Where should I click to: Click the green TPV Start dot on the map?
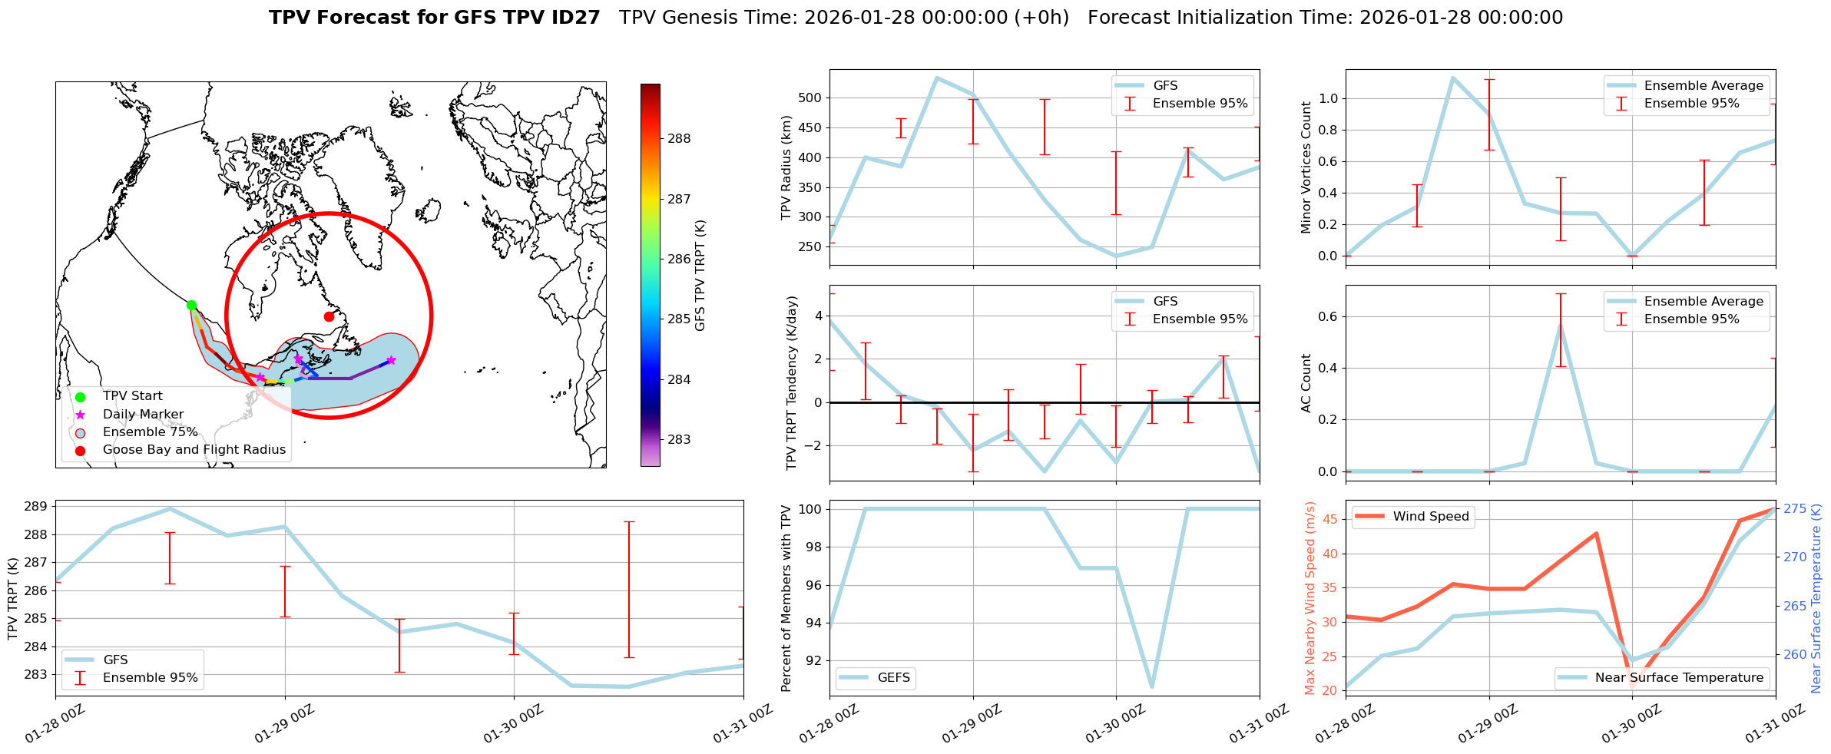191,305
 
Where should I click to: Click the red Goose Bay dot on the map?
329,316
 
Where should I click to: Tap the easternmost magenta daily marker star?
391,360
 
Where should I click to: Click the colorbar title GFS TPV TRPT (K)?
700,276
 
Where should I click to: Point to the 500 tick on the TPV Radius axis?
812,98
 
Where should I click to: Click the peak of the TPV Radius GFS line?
937,78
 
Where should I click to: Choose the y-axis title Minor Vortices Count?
1306,167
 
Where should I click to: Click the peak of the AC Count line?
1561,323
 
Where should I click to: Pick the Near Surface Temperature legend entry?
1678,678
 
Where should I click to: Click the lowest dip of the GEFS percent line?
1152,687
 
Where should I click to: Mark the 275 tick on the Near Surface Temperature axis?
1794,509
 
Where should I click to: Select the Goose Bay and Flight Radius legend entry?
194,450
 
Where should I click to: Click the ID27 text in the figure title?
574,18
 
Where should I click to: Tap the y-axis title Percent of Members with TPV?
786,598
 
